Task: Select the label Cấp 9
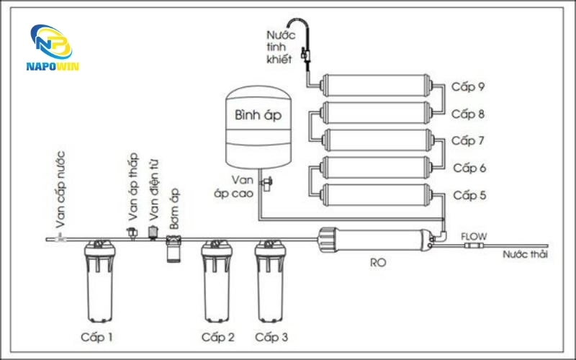pyautogui.click(x=469, y=87)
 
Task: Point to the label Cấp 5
pyautogui.click(x=469, y=195)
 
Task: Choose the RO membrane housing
pyautogui.click(x=375, y=239)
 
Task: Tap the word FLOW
pyautogui.click(x=473, y=235)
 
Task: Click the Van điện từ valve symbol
pyautogui.click(x=153, y=232)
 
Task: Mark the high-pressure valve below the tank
pyautogui.click(x=266, y=183)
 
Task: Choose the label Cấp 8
pyautogui.click(x=469, y=114)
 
